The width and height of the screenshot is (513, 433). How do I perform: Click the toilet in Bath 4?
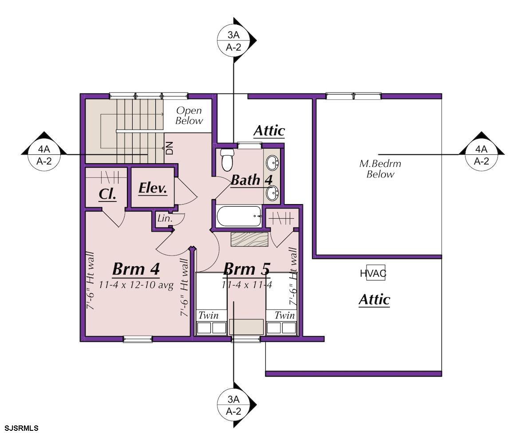click(226, 160)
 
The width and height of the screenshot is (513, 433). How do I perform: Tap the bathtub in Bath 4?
click(239, 216)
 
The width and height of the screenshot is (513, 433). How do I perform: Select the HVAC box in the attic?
click(375, 273)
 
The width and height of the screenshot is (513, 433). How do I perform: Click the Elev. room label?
click(153, 188)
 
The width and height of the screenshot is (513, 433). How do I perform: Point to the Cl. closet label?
click(107, 194)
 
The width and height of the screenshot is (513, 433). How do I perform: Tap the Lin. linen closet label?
click(165, 218)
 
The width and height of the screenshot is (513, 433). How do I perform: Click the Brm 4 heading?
click(136, 269)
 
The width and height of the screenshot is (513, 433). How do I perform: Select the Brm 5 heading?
click(247, 269)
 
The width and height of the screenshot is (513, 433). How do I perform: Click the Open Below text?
click(189, 116)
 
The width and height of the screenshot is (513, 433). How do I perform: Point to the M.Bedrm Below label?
click(380, 169)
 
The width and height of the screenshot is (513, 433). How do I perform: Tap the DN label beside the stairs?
click(169, 148)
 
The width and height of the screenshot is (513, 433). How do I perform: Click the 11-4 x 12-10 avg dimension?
click(136, 285)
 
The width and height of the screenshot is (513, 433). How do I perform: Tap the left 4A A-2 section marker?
click(44, 154)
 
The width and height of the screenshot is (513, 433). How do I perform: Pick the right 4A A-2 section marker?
click(481, 154)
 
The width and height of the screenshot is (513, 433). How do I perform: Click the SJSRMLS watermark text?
click(22, 428)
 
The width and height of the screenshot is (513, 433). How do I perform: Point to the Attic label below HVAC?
click(375, 299)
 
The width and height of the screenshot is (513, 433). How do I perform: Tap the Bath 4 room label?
click(252, 180)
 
